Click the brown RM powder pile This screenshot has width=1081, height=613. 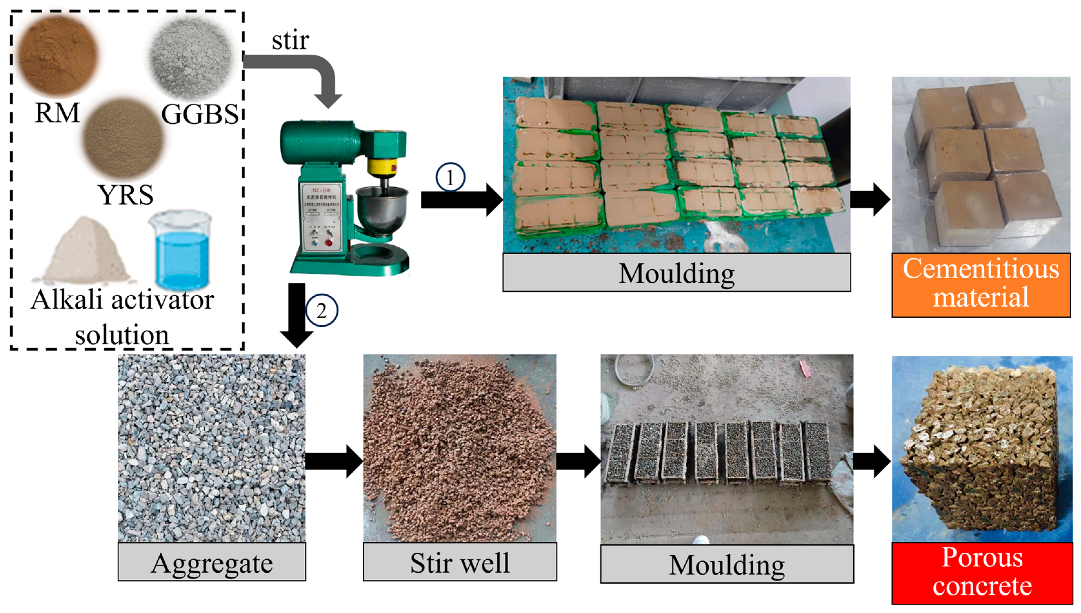pyautogui.click(x=58, y=55)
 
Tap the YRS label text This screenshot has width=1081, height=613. pyautogui.click(x=126, y=195)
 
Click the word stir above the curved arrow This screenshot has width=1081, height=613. pyautogui.click(x=290, y=41)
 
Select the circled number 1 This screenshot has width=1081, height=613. pyautogui.click(x=450, y=177)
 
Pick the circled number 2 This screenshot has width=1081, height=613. pyautogui.click(x=321, y=311)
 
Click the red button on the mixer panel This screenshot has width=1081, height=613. pyautogui.click(x=329, y=242)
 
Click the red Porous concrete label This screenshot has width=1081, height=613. pyautogui.click(x=982, y=573)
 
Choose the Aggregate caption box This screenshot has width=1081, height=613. pyautogui.click(x=212, y=562)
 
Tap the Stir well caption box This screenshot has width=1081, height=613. pyautogui.click(x=460, y=562)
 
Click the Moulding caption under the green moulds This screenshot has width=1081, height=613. pyautogui.click(x=676, y=273)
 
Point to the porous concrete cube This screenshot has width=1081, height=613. pyautogui.click(x=980, y=451)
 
